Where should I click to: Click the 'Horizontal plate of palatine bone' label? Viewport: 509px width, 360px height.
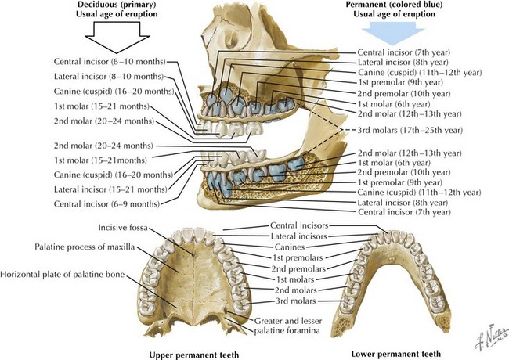click(x=65, y=275)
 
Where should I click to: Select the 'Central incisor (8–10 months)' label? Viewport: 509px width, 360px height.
click(x=109, y=62)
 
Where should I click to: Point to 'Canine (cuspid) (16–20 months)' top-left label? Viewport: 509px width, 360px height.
click(x=116, y=91)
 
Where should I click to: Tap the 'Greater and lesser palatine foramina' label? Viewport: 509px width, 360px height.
click(x=289, y=325)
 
